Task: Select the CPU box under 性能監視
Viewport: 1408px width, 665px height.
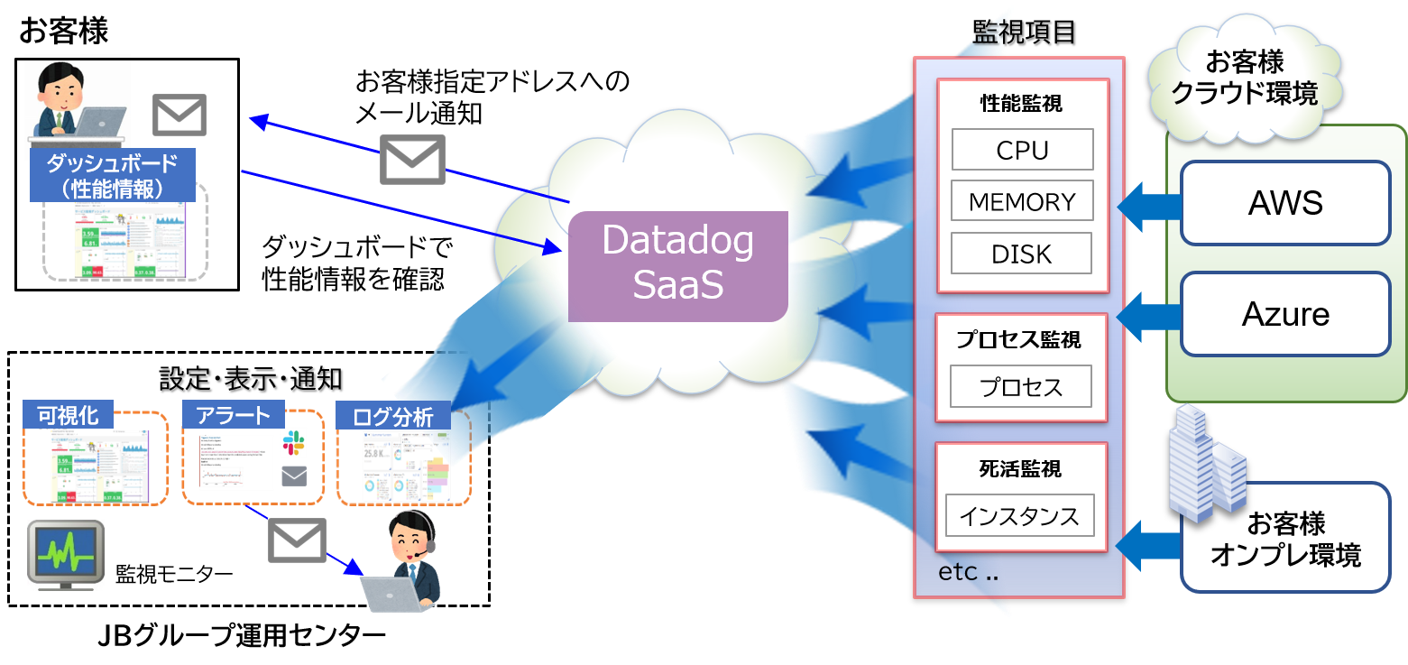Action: [x=1022, y=150]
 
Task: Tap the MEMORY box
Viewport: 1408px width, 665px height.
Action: [x=1022, y=201]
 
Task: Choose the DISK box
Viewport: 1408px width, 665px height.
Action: [x=1021, y=254]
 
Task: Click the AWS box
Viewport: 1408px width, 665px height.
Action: [x=1285, y=203]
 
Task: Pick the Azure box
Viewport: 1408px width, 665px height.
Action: [x=1285, y=314]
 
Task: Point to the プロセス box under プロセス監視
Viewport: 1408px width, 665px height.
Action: [x=1021, y=387]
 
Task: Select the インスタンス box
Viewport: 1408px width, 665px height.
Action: [x=1019, y=516]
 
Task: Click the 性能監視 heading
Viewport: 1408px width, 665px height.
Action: [x=1021, y=104]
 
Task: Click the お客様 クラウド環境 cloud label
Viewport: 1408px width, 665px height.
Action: [x=1244, y=79]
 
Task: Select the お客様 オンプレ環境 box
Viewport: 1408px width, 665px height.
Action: [x=1285, y=539]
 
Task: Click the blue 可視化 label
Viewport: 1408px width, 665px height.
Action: [x=68, y=415]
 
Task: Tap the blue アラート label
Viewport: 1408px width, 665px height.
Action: [x=233, y=415]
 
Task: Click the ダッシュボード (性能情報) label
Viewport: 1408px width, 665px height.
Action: [x=112, y=175]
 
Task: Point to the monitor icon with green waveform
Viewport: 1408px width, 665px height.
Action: [x=65, y=553]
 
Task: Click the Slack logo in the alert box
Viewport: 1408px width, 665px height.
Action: [x=294, y=442]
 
